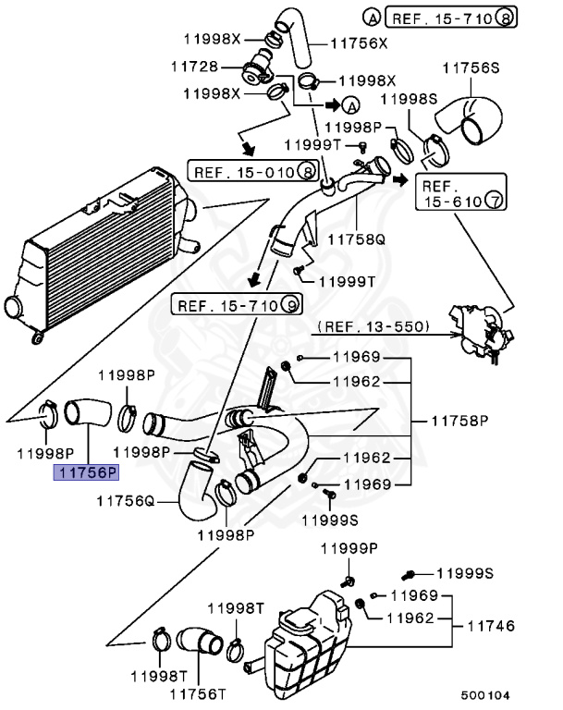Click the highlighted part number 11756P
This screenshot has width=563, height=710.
(x=86, y=472)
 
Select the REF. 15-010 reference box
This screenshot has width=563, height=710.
(x=253, y=171)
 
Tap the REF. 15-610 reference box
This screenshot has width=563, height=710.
(x=460, y=192)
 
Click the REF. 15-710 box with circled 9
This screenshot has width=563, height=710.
(x=237, y=305)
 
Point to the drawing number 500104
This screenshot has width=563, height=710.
(x=485, y=695)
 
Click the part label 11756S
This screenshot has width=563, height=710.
(x=471, y=67)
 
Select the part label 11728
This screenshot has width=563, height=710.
(x=194, y=67)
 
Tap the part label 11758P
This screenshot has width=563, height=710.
(x=459, y=421)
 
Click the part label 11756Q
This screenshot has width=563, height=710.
(x=126, y=501)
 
